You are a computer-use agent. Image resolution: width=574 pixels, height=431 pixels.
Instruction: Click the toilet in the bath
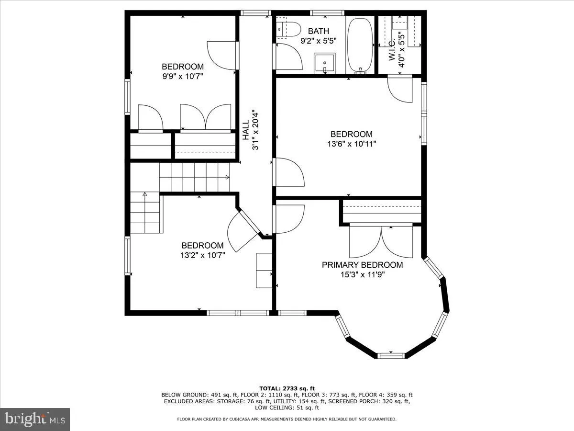click(288, 29)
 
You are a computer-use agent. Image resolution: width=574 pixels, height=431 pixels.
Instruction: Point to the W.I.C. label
click(392, 49)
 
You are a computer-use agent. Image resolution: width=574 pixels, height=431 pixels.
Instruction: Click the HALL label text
click(245, 130)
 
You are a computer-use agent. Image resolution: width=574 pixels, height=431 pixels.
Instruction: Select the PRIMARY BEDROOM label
click(362, 265)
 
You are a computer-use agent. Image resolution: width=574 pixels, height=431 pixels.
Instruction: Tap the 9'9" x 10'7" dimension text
click(182, 76)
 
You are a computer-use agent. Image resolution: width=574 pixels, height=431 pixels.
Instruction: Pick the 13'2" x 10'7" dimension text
click(202, 255)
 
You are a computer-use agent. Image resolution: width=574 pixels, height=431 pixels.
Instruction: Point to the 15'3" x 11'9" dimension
click(362, 274)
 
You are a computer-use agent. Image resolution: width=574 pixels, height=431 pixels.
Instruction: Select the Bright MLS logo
click(35, 419)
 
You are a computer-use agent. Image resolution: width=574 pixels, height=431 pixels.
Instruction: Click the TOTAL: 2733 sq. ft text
click(287, 388)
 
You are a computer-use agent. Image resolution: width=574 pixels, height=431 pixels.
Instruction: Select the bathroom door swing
click(289, 56)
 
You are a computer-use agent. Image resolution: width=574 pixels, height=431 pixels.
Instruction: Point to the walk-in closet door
click(399, 89)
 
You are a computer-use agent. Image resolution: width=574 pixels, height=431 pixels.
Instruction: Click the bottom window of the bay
click(391, 355)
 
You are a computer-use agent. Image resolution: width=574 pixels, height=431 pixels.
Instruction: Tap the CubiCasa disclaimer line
click(287, 419)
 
